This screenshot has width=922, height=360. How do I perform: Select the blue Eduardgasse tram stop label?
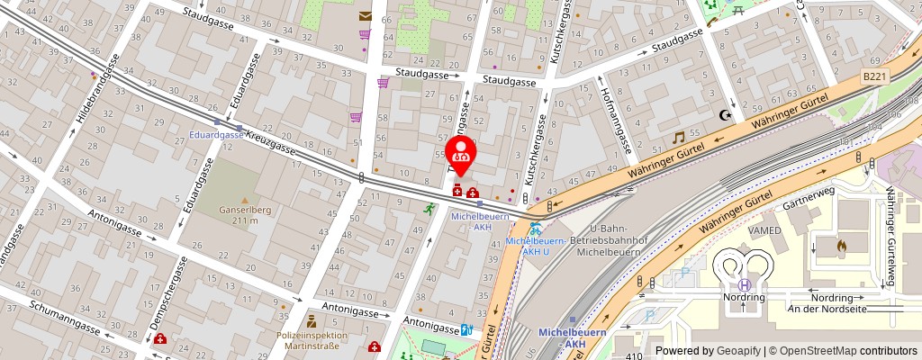[x=216, y=134]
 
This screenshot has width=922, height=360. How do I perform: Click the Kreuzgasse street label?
[x=271, y=145]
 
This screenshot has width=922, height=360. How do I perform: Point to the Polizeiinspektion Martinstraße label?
[x=311, y=338]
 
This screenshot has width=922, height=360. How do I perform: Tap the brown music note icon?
[x=678, y=137]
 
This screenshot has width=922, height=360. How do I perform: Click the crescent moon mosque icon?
[x=724, y=114]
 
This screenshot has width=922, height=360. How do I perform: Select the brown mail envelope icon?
[x=365, y=15]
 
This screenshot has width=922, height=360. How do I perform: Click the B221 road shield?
[x=873, y=77]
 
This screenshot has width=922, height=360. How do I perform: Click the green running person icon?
[x=429, y=208]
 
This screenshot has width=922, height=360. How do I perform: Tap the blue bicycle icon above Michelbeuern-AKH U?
[x=535, y=229]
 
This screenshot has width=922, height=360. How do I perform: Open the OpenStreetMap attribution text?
[x=843, y=351]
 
